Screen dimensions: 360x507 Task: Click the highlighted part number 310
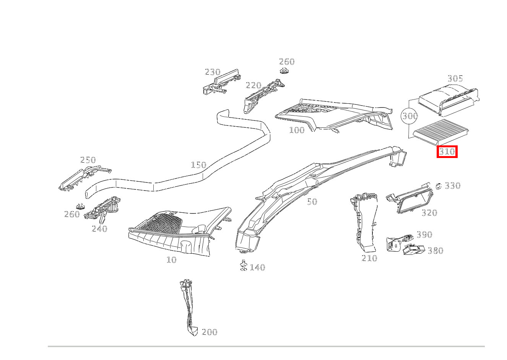pyautogui.click(x=447, y=152)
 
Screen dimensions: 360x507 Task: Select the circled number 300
pyautogui.click(x=409, y=116)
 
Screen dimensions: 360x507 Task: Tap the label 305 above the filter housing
pyautogui.click(x=455, y=78)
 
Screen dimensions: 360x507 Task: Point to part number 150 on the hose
pyautogui.click(x=198, y=165)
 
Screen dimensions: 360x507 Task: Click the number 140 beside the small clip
pyautogui.click(x=257, y=267)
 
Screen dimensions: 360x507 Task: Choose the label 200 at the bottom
pyautogui.click(x=210, y=332)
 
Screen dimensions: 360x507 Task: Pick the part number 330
pyautogui.click(x=453, y=186)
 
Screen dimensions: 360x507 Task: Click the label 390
pyautogui.click(x=424, y=235)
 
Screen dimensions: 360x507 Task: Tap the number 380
pyautogui.click(x=435, y=251)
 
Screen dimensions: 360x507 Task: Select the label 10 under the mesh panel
pyautogui.click(x=171, y=260)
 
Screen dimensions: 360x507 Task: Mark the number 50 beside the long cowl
pyautogui.click(x=312, y=202)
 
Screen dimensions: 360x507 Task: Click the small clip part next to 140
pyautogui.click(x=243, y=265)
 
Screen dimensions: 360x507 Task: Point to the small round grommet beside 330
pyautogui.click(x=439, y=186)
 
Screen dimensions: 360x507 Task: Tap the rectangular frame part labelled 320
pyautogui.click(x=413, y=197)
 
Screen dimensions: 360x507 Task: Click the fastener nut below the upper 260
pyautogui.click(x=283, y=71)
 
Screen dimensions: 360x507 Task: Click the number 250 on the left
pyautogui.click(x=88, y=160)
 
